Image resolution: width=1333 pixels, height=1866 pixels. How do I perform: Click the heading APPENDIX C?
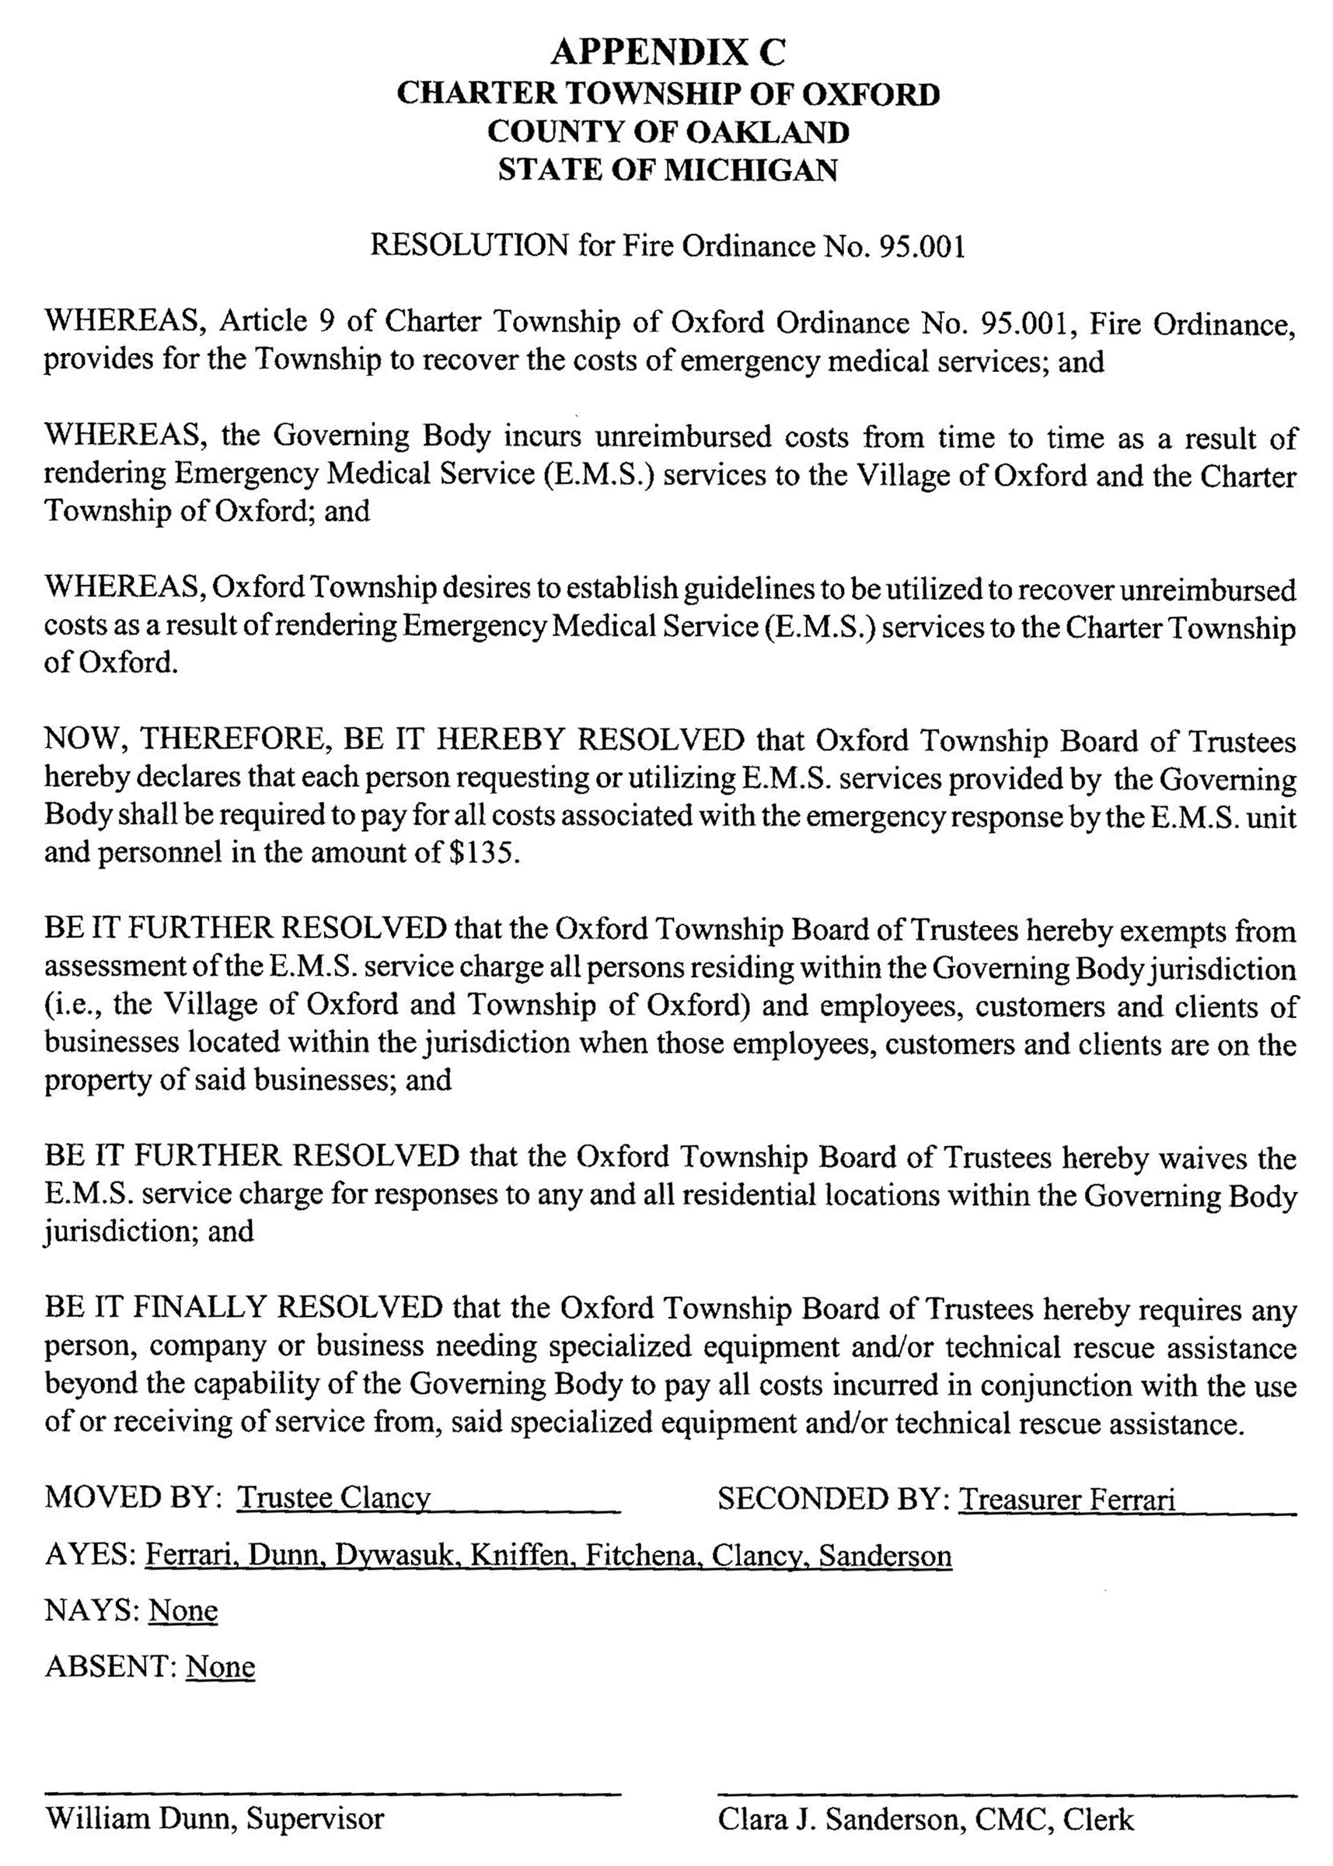click(668, 53)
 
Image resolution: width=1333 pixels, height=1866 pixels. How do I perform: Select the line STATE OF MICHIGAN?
click(668, 170)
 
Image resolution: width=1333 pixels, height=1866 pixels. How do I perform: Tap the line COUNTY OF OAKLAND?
click(668, 132)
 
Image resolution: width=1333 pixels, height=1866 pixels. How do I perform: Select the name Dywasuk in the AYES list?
click(395, 1557)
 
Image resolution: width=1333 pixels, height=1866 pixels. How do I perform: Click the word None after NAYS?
click(183, 1611)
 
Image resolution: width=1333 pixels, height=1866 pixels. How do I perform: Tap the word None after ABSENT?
click(220, 1667)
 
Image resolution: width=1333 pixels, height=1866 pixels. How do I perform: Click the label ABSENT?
click(108, 1667)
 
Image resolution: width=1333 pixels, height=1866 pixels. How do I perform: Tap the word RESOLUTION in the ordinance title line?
click(469, 246)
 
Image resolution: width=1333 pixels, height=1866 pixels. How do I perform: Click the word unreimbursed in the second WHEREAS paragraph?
click(683, 438)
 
